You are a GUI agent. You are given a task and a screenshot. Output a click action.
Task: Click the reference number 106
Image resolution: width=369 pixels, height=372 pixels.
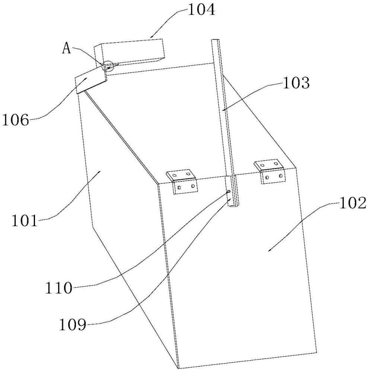point(15,120)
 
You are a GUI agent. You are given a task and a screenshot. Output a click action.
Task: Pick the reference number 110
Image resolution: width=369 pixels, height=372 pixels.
point(58,287)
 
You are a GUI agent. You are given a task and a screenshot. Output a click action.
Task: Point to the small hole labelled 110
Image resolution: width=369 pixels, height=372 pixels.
point(229,192)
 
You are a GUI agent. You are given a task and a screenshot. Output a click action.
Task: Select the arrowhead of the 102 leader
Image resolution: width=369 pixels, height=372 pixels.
point(268,251)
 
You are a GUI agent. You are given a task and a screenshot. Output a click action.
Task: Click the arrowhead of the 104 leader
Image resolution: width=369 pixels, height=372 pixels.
point(150,37)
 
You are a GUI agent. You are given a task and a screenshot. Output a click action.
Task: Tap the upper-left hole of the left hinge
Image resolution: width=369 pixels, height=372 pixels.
point(174,174)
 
